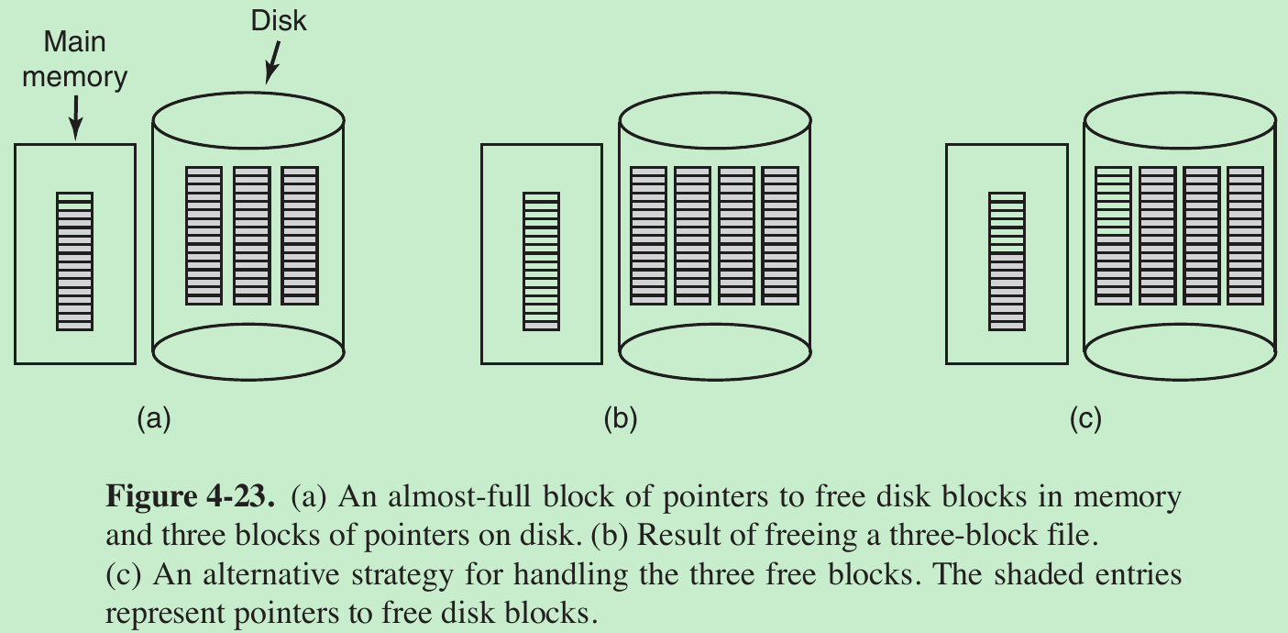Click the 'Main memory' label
tap(74, 60)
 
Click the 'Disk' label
tap(279, 19)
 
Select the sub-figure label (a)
tap(153, 419)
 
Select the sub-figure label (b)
tap(621, 419)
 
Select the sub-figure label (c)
tap(1085, 419)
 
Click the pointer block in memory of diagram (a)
tap(75, 261)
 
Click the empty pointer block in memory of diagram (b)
tap(541, 261)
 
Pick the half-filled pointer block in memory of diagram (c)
tap(1007, 261)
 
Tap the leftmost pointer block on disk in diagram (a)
tap(204, 236)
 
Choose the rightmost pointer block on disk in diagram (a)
tap(300, 236)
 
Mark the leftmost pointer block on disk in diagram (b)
tap(649, 236)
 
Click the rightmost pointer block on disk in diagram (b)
tap(780, 236)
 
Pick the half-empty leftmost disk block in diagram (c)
tap(1114, 236)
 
